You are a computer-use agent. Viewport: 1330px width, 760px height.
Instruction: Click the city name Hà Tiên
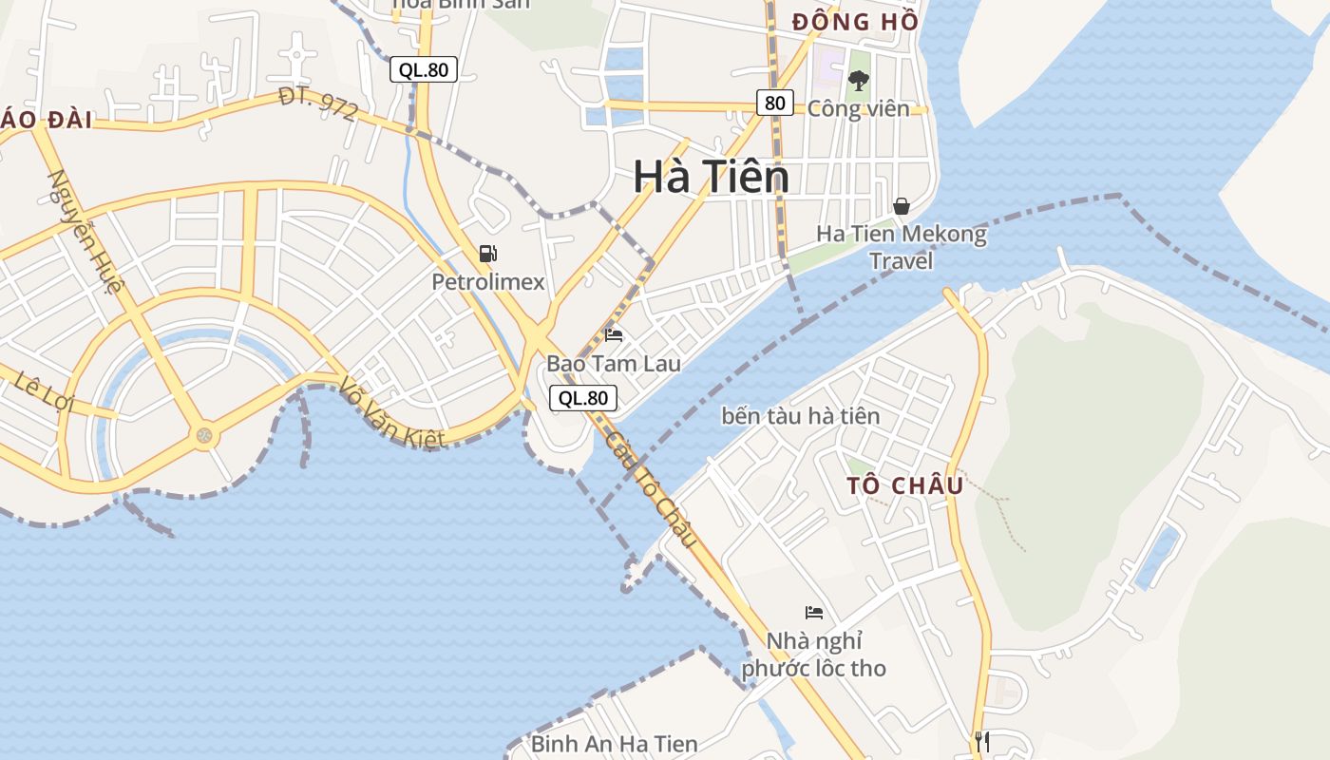pos(711,177)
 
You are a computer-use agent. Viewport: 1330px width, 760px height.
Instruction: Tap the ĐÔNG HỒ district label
pos(855,21)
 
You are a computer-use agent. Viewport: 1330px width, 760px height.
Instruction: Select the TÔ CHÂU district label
pos(905,485)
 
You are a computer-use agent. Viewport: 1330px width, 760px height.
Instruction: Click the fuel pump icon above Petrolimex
pos(488,253)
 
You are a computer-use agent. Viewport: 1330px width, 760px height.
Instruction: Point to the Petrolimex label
pos(488,282)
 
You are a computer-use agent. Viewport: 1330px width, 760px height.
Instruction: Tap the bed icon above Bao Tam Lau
pos(614,334)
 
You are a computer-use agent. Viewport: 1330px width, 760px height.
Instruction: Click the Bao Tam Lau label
pos(613,364)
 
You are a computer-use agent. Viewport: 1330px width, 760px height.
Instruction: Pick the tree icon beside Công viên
pos(859,81)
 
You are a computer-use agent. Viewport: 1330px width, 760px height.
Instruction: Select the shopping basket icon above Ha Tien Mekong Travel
pos(901,205)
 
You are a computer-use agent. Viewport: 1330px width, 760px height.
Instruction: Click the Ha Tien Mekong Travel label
pos(902,247)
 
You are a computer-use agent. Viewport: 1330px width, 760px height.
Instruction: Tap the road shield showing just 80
pos(775,103)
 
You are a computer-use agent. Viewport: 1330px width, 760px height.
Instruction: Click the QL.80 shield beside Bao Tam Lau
pos(583,398)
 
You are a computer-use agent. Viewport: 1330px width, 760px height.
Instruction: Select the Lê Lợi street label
pos(44,390)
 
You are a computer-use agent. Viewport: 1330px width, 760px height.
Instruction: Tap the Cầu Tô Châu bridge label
pos(652,488)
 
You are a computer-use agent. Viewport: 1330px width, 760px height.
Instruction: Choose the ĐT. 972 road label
pos(319,104)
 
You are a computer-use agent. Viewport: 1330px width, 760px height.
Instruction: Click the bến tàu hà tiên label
pos(801,416)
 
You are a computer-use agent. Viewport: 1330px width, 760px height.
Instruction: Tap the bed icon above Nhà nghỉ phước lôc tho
pos(813,612)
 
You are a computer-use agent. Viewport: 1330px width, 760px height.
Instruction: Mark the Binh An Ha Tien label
pos(614,744)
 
